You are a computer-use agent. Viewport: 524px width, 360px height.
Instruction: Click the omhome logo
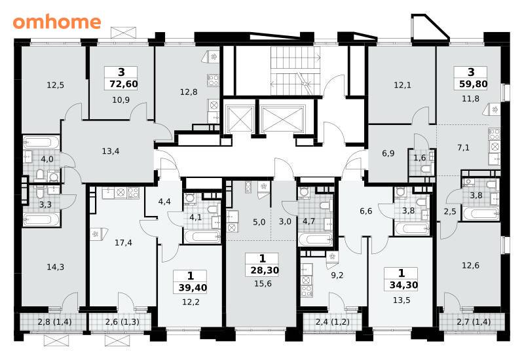click(57, 22)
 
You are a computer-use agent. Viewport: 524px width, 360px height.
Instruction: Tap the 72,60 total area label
click(124, 84)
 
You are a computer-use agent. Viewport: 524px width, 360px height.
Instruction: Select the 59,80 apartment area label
click(473, 84)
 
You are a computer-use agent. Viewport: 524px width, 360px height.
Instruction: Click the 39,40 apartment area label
click(193, 287)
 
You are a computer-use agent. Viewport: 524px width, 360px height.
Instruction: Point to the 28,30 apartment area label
click(265, 270)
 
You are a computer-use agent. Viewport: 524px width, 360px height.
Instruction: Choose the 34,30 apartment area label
click(403, 285)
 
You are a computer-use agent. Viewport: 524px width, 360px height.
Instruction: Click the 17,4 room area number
click(123, 243)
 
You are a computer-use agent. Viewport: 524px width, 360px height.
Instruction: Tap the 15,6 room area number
click(263, 284)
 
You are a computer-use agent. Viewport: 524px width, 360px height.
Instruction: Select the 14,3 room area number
click(56, 267)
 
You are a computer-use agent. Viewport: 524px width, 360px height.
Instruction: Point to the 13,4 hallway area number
click(111, 151)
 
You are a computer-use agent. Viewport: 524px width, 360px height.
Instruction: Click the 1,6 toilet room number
click(420, 158)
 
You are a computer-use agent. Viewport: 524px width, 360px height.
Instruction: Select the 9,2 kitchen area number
click(337, 275)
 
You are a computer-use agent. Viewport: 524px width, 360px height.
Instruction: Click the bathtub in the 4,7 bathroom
click(315, 239)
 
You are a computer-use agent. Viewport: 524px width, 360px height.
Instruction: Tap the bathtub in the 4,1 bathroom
click(202, 236)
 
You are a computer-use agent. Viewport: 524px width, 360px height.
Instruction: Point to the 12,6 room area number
click(470, 266)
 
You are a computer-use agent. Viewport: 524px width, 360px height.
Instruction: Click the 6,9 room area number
click(388, 154)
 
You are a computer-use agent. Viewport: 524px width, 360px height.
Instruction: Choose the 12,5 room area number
click(56, 85)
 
